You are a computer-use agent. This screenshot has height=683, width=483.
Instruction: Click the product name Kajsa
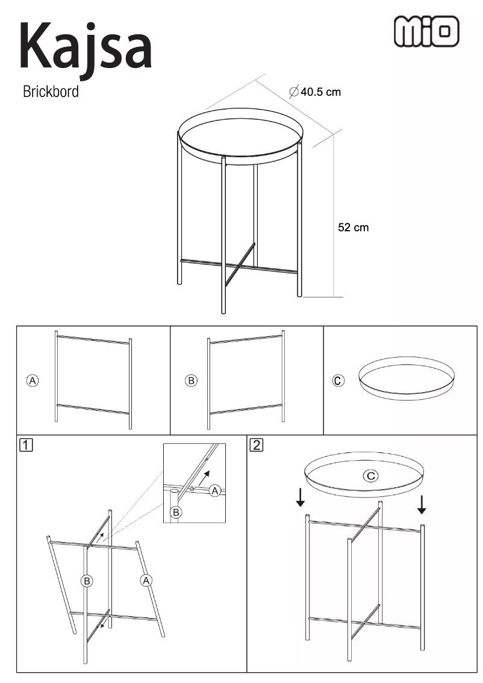86,47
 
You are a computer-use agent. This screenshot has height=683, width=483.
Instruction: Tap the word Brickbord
51,92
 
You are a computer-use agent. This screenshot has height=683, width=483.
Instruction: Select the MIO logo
426,31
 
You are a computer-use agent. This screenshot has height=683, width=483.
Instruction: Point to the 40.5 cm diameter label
316,92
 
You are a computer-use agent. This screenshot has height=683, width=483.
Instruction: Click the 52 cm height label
353,228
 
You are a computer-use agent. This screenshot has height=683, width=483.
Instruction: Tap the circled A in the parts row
33,380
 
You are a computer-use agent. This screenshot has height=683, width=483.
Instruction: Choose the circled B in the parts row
191,380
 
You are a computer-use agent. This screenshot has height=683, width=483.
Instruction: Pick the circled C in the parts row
338,381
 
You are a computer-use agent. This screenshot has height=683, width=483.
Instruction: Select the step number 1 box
26,445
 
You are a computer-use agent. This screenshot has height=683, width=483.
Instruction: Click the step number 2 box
257,445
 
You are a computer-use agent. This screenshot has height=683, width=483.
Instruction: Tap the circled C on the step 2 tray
370,476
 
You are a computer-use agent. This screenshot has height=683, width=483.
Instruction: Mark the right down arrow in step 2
422,504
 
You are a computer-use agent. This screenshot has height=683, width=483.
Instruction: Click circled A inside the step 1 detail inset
215,491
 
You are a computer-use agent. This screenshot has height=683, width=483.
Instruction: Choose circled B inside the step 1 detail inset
176,512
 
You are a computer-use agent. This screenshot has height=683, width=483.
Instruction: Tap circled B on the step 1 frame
87,581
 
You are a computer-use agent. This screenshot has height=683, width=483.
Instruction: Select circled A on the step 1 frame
146,580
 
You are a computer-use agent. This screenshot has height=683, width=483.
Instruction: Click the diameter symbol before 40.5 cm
294,92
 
